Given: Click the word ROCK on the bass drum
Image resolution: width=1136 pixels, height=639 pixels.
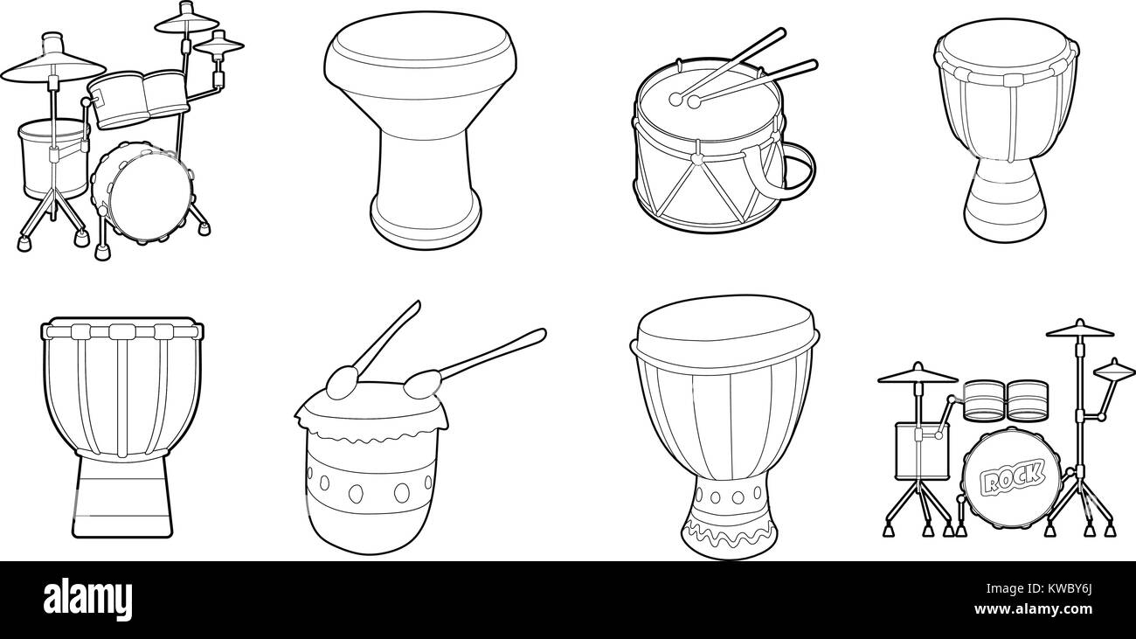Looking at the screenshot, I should coord(1013,477).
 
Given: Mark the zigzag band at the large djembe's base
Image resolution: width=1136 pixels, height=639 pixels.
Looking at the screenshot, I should coord(725,531).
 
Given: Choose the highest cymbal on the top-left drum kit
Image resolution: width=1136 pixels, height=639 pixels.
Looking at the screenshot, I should coord(186,19).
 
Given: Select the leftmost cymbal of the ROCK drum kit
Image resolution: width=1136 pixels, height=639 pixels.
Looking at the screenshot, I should coord(917,375).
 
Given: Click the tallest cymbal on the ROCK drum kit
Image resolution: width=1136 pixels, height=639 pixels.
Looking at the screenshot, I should coord(1080,330).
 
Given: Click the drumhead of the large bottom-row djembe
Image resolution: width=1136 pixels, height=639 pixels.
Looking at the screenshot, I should coord(724,323).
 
